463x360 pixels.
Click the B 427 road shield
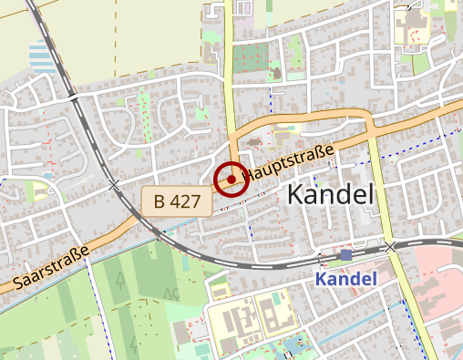(177, 201)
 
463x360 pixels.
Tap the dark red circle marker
(231, 179)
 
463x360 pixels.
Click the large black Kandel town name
(331, 194)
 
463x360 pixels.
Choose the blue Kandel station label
(346, 278)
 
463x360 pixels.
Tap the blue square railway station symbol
(345, 255)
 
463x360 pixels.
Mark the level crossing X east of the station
(390, 247)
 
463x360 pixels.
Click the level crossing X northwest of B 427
(114, 185)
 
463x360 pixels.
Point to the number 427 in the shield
(188, 201)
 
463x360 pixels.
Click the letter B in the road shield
(159, 201)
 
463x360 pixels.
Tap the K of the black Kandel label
(296, 194)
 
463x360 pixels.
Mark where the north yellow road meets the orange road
(231, 137)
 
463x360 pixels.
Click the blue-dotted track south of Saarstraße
(100, 301)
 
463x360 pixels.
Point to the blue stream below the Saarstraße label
(55, 290)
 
